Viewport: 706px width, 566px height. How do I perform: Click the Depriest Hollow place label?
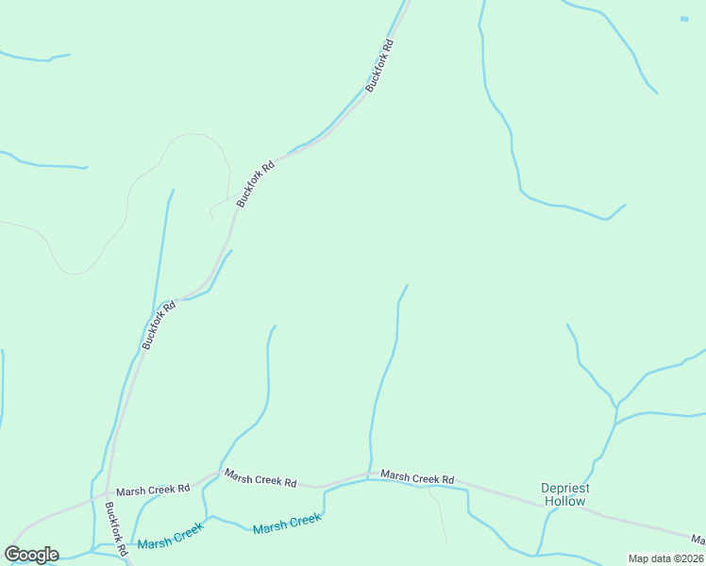pyautogui.click(x=564, y=494)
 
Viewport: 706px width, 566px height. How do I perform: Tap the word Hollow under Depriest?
pyautogui.click(x=564, y=501)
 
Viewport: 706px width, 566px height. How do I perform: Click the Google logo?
pyautogui.click(x=31, y=555)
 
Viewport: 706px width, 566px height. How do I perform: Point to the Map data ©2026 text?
pyautogui.click(x=664, y=558)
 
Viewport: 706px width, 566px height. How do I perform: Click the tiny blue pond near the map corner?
pyautogui.click(x=684, y=18)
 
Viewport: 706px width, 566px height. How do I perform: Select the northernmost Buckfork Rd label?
pyautogui.click(x=378, y=65)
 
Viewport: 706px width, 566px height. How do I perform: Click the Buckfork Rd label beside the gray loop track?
pyautogui.click(x=255, y=183)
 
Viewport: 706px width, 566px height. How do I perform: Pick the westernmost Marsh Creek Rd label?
pyautogui.click(x=153, y=490)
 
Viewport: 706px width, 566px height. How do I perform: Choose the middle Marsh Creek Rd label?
pyautogui.click(x=260, y=479)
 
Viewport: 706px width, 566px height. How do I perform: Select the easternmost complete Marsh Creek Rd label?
pyautogui.click(x=416, y=478)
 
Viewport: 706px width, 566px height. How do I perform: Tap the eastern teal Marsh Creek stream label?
pyautogui.click(x=287, y=524)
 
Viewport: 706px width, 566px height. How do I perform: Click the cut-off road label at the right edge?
pyautogui.click(x=698, y=540)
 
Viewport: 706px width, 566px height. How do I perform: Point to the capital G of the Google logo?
pyautogui.click(x=12, y=555)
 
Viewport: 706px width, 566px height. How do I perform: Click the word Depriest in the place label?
pyautogui.click(x=564, y=488)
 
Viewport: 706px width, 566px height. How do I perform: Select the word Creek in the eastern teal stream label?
pyautogui.click(x=304, y=520)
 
